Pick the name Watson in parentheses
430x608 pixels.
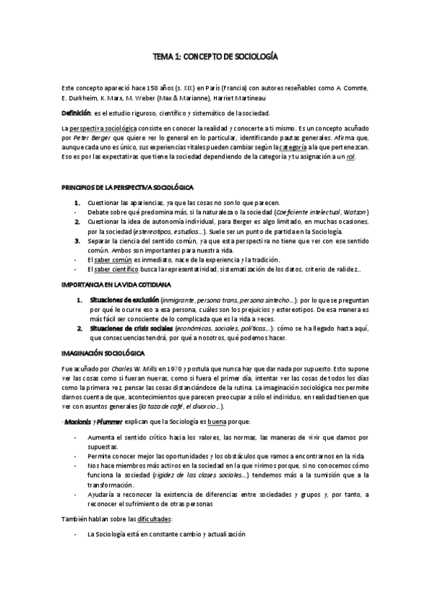point(355,213)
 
